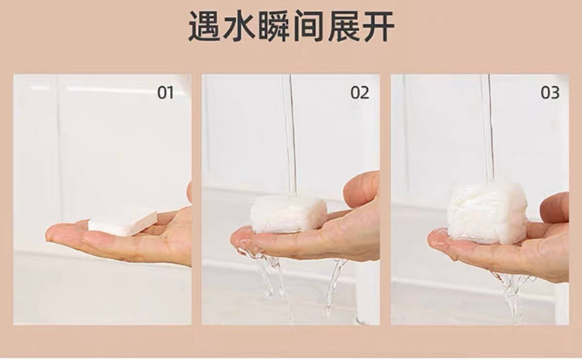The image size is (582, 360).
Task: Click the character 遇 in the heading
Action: click(206, 26)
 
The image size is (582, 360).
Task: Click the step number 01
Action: click(165, 93)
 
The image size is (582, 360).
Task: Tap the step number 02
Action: click(359, 93)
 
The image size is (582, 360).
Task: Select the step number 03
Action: click(549, 93)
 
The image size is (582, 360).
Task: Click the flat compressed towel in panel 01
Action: click(123, 223)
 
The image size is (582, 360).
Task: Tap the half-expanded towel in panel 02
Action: click(289, 214)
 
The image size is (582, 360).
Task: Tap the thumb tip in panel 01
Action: click(189, 191)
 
